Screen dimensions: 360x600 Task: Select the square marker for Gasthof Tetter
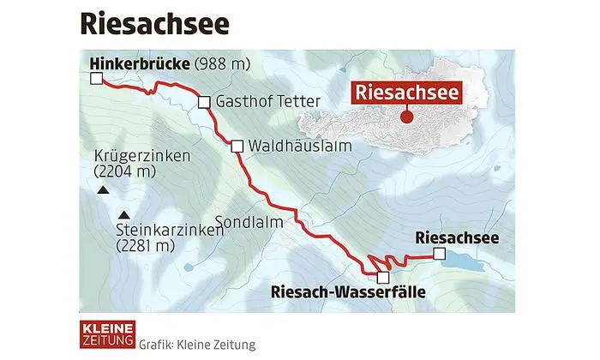[204, 103]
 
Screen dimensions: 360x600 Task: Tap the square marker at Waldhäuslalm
[237, 147]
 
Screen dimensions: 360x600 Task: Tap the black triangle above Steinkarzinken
[125, 214]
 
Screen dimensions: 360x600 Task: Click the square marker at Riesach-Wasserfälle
[382, 277]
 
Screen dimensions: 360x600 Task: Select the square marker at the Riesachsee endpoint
[438, 255]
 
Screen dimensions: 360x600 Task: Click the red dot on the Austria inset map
[407, 117]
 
